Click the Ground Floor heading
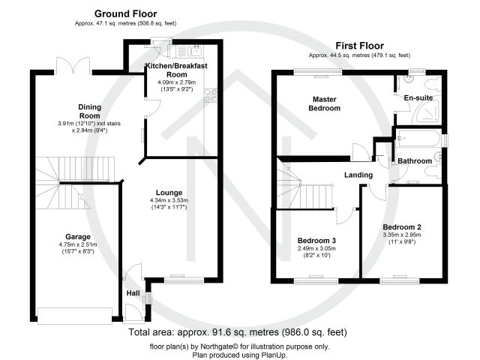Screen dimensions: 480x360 [125, 13]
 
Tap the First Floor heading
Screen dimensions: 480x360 [360, 46]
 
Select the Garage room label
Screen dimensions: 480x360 [78, 237]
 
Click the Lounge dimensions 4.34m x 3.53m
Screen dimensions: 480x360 [169, 200]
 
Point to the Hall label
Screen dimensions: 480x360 [133, 293]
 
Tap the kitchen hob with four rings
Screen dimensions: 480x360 [210, 95]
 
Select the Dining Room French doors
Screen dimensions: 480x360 [73, 66]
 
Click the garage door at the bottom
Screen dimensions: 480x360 [75, 316]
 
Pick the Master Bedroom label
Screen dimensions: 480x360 [325, 103]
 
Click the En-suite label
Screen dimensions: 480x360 [418, 98]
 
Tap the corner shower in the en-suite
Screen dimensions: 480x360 [427, 113]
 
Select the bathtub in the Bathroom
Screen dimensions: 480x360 [418, 138]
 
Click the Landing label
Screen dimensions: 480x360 [358, 175]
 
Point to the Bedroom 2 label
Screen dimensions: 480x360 [402, 227]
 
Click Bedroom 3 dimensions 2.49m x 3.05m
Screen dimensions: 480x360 [316, 248]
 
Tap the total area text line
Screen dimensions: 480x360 [238, 332]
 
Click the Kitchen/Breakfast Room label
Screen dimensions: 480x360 [176, 70]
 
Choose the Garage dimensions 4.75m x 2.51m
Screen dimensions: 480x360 [78, 244]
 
